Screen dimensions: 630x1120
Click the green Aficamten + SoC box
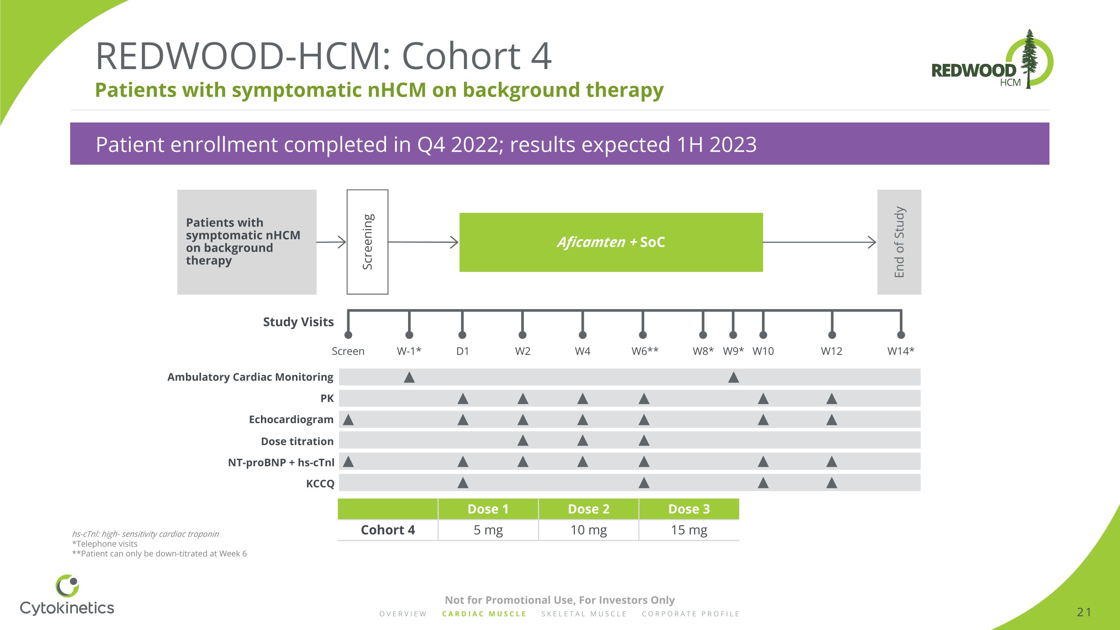click(x=611, y=242)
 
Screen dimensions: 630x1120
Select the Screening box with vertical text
click(x=367, y=242)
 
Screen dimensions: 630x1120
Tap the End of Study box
click(x=899, y=242)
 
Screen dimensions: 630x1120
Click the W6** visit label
click(x=645, y=351)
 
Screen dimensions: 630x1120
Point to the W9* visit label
click(x=733, y=351)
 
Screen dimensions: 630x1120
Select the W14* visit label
click(x=900, y=351)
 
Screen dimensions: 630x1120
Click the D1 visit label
click(x=463, y=351)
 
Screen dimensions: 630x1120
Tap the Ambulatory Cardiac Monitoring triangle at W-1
click(x=409, y=378)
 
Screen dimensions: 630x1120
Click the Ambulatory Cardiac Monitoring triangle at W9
click(x=734, y=378)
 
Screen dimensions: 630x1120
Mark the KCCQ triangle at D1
click(x=463, y=482)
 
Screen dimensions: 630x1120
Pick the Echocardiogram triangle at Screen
click(x=348, y=420)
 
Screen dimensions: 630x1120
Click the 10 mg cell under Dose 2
click(x=588, y=530)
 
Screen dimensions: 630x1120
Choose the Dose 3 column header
click(x=689, y=509)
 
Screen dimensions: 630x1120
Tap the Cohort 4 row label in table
click(x=388, y=530)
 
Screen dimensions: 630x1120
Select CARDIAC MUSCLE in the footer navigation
click(x=484, y=614)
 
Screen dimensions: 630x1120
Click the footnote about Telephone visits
click(x=105, y=543)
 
